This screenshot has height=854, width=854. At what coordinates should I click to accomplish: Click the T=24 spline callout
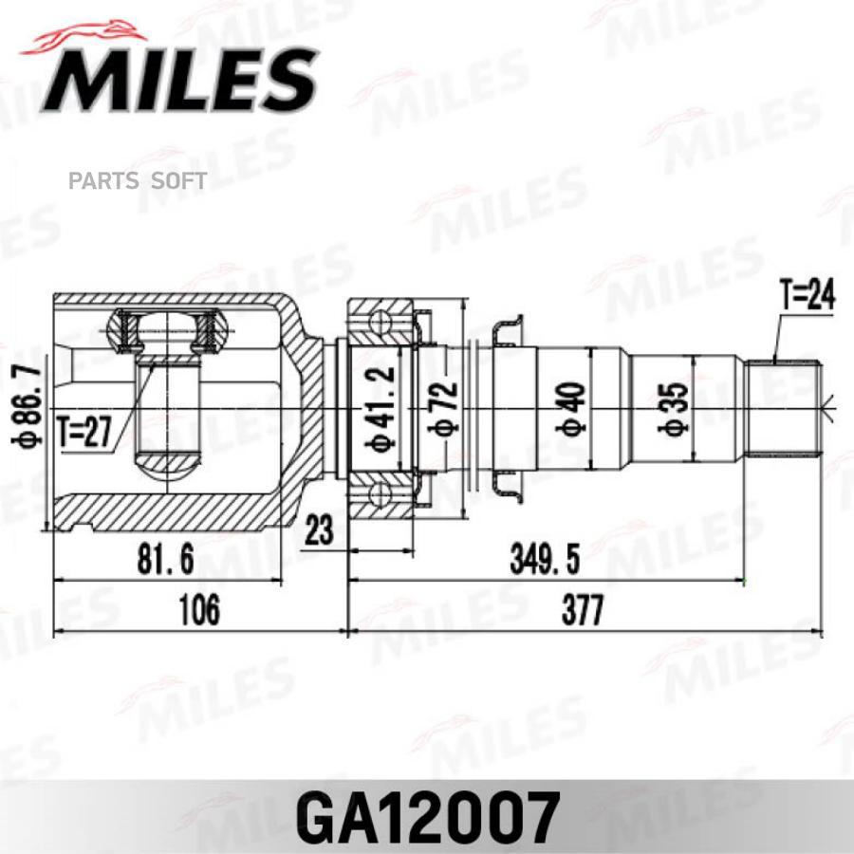(806, 298)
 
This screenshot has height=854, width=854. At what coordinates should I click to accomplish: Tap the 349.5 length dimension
(545, 560)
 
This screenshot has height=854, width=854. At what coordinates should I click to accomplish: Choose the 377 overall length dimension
(582, 609)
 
